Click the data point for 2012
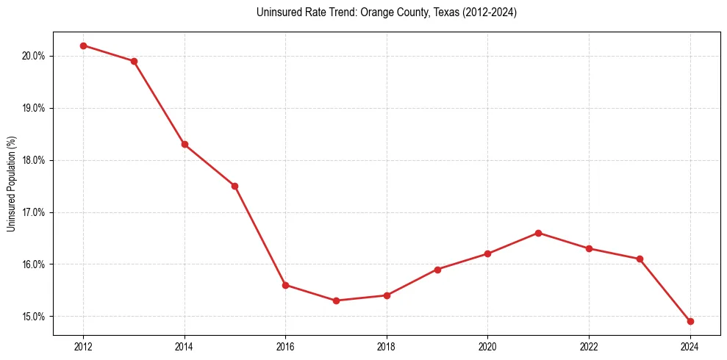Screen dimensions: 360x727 [x=83, y=46]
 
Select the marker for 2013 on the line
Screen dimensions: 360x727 [x=134, y=61]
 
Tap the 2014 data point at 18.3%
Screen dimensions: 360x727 [x=185, y=144]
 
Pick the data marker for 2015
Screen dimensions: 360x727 [x=234, y=186]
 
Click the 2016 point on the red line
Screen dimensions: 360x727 [x=285, y=285]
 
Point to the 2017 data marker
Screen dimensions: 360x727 [x=336, y=300]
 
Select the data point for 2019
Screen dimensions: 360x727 [x=437, y=270]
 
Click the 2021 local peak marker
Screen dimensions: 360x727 [x=538, y=233]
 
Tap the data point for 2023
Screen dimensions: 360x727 [x=640, y=259]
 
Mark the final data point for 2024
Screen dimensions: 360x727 [x=690, y=321]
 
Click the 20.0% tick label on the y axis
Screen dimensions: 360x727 [x=34, y=56]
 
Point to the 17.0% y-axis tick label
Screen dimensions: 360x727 [x=34, y=212]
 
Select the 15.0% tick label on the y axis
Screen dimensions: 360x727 [x=34, y=317]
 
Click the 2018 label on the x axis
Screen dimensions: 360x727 [x=387, y=347]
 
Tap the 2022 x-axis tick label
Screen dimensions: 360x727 [x=589, y=347]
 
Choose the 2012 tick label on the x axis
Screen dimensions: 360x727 [x=83, y=347]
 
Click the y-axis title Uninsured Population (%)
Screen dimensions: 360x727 [x=11, y=184]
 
